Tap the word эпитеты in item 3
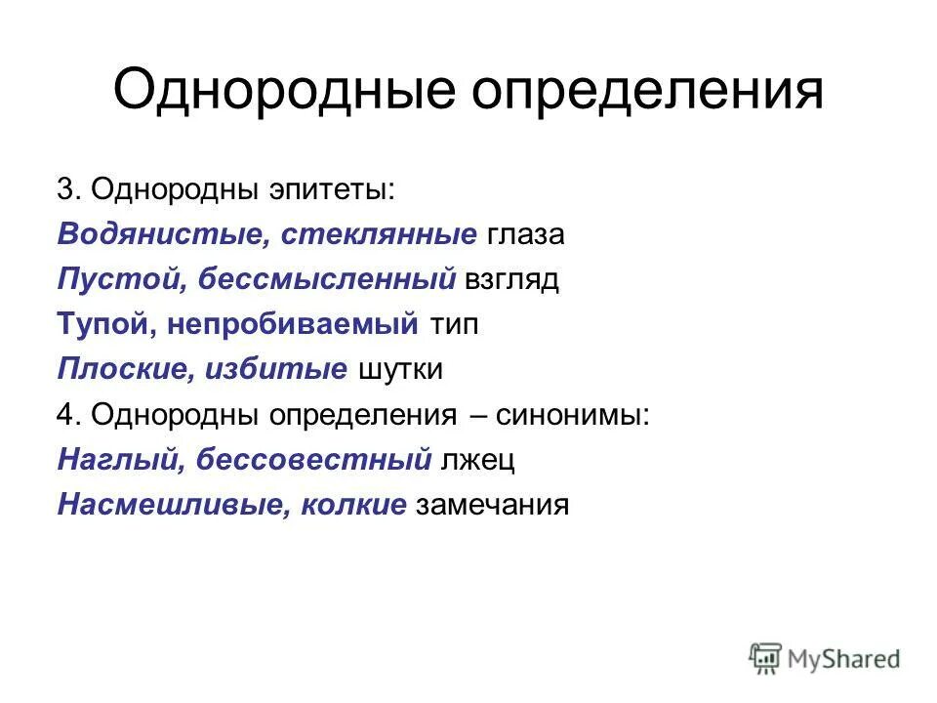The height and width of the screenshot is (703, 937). pyautogui.click(x=331, y=189)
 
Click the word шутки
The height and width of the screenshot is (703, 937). pyautogui.click(x=401, y=370)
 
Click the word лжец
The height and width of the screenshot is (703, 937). pyautogui.click(x=477, y=460)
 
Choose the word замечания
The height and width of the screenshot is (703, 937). pyautogui.click(x=492, y=505)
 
